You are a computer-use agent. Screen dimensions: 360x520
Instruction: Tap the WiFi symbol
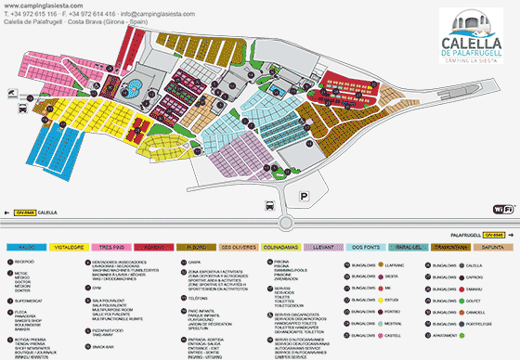click(502, 210)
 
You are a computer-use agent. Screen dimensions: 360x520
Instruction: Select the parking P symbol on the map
click(305, 196)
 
